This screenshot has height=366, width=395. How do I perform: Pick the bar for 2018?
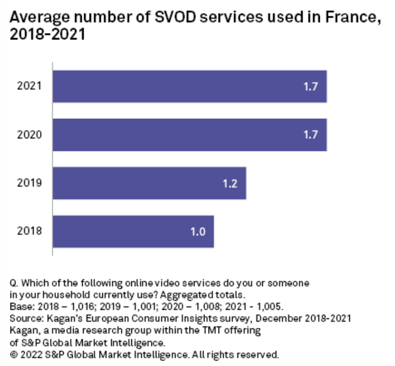[x=133, y=231]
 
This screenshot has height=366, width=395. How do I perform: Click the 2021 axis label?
[x=29, y=86]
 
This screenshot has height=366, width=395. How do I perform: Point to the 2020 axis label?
[x=29, y=135]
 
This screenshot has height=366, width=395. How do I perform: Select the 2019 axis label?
[x=29, y=183]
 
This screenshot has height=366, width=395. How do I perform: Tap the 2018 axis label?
[x=29, y=231]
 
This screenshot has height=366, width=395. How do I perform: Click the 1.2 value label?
[x=230, y=183]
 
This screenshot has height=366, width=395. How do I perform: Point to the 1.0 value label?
[x=198, y=231]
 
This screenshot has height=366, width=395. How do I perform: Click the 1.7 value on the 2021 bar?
[x=311, y=86]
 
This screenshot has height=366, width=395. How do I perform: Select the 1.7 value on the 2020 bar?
[x=311, y=135]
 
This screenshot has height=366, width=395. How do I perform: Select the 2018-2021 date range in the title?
[x=46, y=37]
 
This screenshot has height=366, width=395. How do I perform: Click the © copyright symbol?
[x=14, y=354]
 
